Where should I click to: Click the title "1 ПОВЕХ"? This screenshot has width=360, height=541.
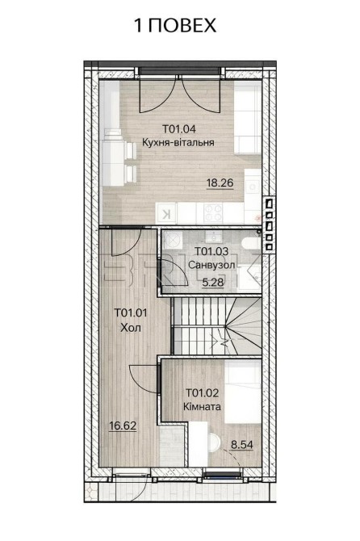[175, 25]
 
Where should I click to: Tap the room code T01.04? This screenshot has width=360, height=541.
[179, 129]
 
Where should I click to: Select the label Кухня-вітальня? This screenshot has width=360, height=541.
[178, 142]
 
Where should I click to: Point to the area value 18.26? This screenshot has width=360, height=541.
[220, 182]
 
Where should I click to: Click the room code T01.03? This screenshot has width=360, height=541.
[211, 251]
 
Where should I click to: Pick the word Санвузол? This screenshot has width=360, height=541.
[211, 265]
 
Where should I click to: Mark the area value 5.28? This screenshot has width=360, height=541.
[213, 283]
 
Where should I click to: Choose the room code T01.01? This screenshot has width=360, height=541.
[131, 313]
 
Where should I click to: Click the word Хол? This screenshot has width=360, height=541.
[131, 327]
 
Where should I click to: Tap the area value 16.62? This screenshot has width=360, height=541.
[123, 426]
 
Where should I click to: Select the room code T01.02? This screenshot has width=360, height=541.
[203, 392]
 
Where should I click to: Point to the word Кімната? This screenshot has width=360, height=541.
[202, 406]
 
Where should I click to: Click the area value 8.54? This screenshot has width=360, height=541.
[241, 445]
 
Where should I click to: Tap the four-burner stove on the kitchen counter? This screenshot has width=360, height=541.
[213, 212]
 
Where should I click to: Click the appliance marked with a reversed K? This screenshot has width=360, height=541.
[166, 213]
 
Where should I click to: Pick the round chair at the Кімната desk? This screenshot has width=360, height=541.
[215, 442]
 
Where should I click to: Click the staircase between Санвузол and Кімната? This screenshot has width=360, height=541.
[216, 325]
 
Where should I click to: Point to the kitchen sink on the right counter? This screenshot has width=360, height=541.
[253, 187]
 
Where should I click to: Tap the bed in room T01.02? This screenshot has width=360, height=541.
[244, 391]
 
